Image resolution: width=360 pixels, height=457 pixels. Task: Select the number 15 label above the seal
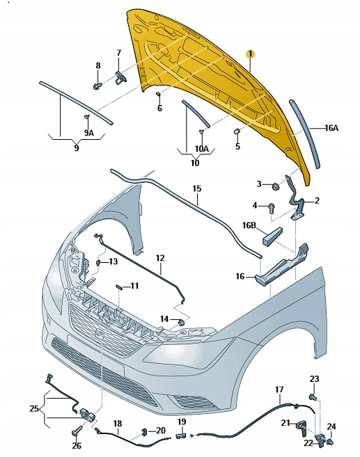[196, 188]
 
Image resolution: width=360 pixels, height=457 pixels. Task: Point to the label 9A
[88, 131]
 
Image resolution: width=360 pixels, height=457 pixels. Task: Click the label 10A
[201, 148]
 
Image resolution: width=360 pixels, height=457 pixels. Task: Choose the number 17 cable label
[279, 389]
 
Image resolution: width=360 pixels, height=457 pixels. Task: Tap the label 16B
[249, 225]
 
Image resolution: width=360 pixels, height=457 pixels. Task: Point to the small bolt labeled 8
[97, 86]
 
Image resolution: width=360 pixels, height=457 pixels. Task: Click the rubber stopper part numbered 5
[236, 131]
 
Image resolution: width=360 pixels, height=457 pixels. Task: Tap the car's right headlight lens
[202, 360]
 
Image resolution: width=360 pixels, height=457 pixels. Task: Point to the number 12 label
[159, 258]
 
